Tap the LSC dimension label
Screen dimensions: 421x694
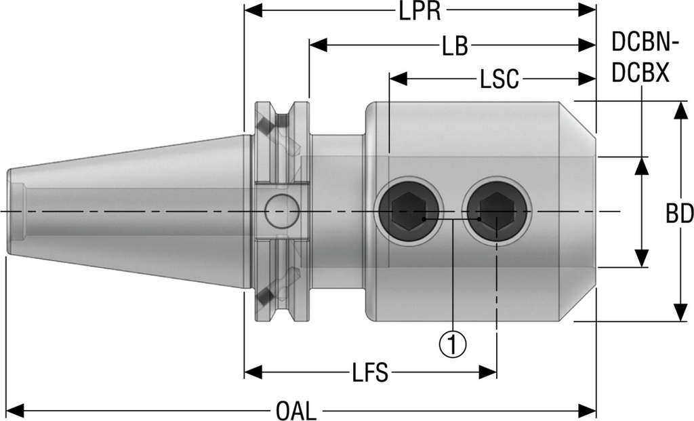pos(499,80)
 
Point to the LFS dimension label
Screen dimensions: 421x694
pos(371,372)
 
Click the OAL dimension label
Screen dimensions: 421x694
pos(296,411)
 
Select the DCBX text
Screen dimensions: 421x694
pos(641,72)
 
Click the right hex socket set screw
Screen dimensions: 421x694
pos(497,212)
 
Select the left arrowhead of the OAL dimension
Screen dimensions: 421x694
pos(15,411)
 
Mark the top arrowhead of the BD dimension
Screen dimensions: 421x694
pos(678,110)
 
